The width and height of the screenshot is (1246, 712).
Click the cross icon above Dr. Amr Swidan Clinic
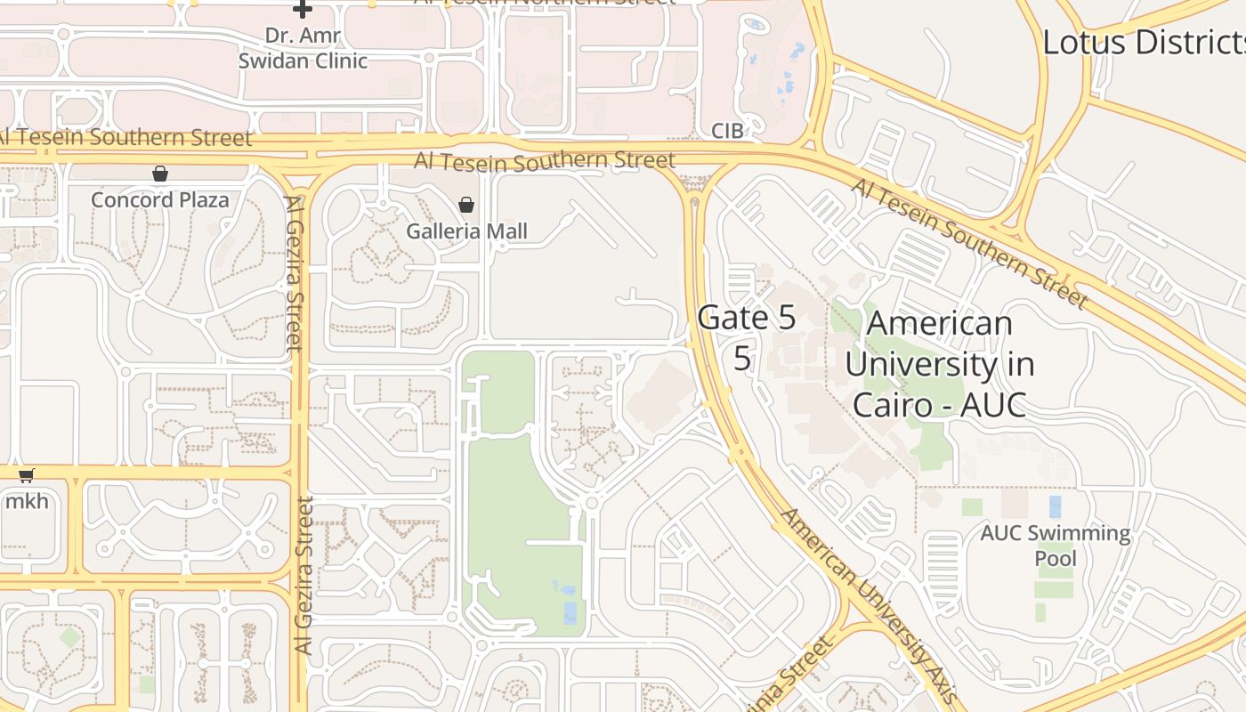pos(303,10)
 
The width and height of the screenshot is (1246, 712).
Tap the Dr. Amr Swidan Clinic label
pos(303,48)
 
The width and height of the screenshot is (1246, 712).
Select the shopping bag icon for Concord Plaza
pos(160,174)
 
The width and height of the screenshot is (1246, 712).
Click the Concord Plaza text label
pos(160,199)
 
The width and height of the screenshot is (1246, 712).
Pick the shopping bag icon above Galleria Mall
pos(465,206)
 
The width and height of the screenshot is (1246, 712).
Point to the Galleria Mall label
pos(467,231)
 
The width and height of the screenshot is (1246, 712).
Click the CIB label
pos(727,132)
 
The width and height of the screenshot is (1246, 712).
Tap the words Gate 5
pos(747,318)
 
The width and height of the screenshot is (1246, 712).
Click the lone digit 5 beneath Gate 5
pos(742,358)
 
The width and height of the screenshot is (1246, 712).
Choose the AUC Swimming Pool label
pos(1056,546)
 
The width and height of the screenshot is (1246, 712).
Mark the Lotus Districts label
pos(1144,42)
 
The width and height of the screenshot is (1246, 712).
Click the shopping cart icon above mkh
pos(27,475)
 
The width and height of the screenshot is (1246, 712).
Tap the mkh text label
pos(27,500)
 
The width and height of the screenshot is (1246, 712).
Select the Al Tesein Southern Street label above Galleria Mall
pos(545,161)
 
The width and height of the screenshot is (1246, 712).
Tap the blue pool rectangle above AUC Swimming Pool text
pos(1056,506)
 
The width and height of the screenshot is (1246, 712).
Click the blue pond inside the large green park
pos(570,611)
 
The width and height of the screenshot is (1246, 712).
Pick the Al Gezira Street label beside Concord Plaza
pos(295,271)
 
